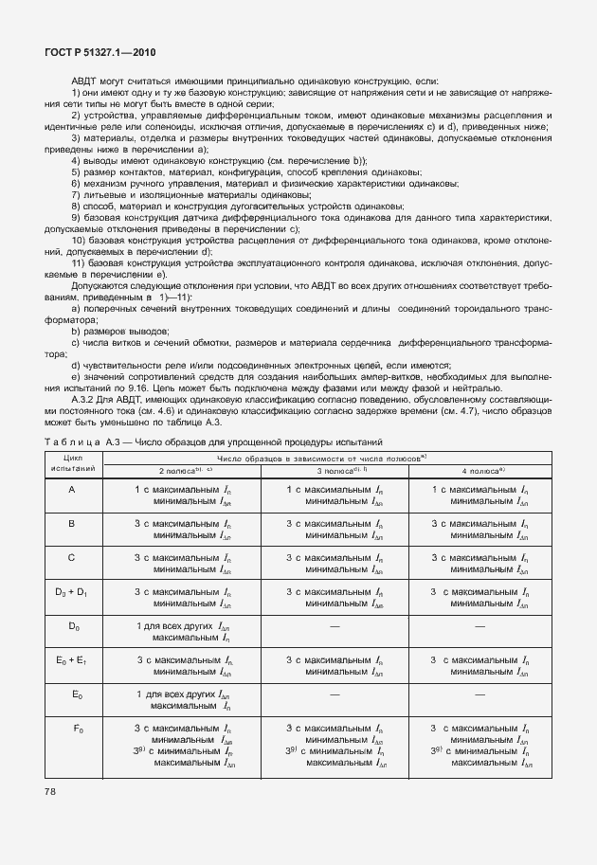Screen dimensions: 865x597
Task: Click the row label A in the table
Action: pos(72,489)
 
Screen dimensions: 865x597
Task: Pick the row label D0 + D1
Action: pos(72,592)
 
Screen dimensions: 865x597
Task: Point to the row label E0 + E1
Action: pos(72,659)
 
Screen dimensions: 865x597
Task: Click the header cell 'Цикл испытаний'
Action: pos(72,463)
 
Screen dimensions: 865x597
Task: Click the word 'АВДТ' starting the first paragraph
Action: pos(85,83)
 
